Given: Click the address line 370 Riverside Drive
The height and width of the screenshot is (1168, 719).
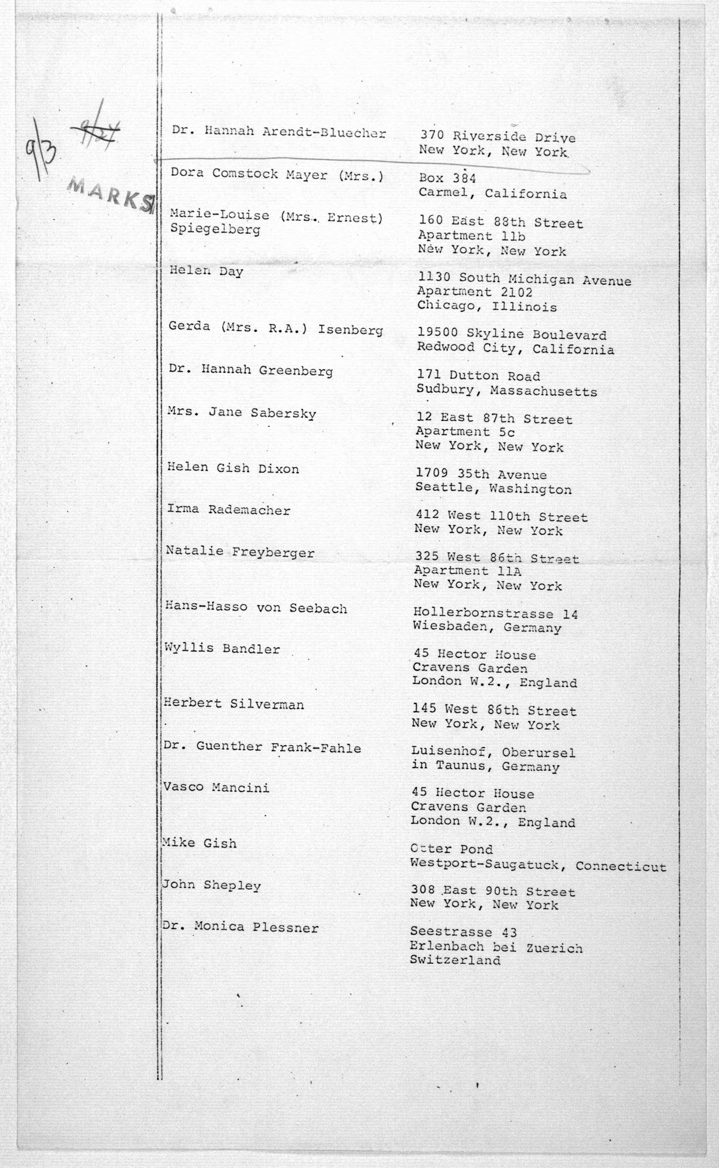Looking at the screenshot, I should [x=497, y=137].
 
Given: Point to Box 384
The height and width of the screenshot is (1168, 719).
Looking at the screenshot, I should [x=447, y=178].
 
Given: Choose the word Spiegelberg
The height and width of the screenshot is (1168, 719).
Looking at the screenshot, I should [x=215, y=230].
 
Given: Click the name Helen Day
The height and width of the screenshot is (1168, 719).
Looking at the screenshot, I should [x=206, y=271].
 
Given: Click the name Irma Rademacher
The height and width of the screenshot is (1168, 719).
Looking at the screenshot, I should [x=228, y=510].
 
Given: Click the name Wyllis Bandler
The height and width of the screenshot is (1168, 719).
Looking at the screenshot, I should [x=222, y=649].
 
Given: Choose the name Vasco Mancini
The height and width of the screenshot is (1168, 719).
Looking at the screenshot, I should [x=216, y=788].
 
